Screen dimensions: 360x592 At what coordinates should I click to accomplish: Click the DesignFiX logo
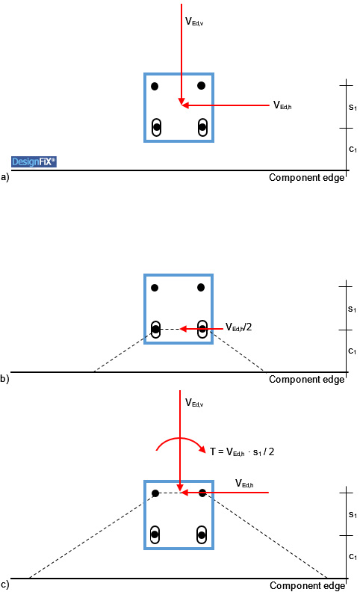(x=34, y=161)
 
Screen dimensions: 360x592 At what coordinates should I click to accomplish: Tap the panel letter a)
(x=5, y=177)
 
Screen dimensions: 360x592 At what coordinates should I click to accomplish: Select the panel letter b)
(x=4, y=378)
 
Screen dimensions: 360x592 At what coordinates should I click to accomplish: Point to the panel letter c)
(x=4, y=585)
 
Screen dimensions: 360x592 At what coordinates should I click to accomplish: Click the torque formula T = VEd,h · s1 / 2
(x=242, y=451)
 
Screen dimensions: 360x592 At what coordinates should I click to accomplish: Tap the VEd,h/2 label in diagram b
(x=238, y=327)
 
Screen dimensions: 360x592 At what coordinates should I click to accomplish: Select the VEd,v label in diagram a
(x=194, y=22)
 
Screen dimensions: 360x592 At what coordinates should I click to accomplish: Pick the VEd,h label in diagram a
(x=282, y=105)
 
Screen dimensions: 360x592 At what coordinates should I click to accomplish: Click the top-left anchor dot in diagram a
(x=155, y=87)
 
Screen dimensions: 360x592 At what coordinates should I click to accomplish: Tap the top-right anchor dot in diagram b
(x=201, y=288)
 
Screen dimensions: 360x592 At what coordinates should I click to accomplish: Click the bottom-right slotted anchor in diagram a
(x=202, y=127)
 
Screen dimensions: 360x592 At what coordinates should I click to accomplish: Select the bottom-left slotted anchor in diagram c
(x=155, y=534)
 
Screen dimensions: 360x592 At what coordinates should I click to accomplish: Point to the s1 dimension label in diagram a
(x=353, y=107)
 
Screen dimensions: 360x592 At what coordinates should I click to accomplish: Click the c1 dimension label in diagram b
(x=352, y=351)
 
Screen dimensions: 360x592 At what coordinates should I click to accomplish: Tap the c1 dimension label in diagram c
(x=353, y=556)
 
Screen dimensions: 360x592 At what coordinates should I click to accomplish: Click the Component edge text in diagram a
(x=307, y=178)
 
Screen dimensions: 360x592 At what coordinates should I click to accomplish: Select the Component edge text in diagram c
(x=308, y=585)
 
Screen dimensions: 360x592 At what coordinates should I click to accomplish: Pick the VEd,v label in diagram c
(x=194, y=403)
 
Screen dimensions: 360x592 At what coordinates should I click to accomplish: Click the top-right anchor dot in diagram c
(x=202, y=493)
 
